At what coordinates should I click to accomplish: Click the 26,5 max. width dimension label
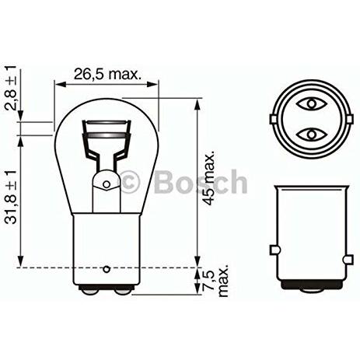coord(107,75)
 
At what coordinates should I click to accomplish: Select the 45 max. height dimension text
coord(209,178)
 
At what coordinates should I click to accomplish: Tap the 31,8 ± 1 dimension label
coord(11,197)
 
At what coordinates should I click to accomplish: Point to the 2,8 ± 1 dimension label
coord(11,88)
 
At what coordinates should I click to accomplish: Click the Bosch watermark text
coord(201,182)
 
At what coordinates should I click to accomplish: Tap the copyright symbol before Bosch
coord(129,181)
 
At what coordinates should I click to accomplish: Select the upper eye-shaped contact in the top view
coord(311,104)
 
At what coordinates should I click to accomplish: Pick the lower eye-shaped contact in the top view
coord(311,135)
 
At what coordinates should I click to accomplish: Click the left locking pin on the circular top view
coord(273,119)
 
